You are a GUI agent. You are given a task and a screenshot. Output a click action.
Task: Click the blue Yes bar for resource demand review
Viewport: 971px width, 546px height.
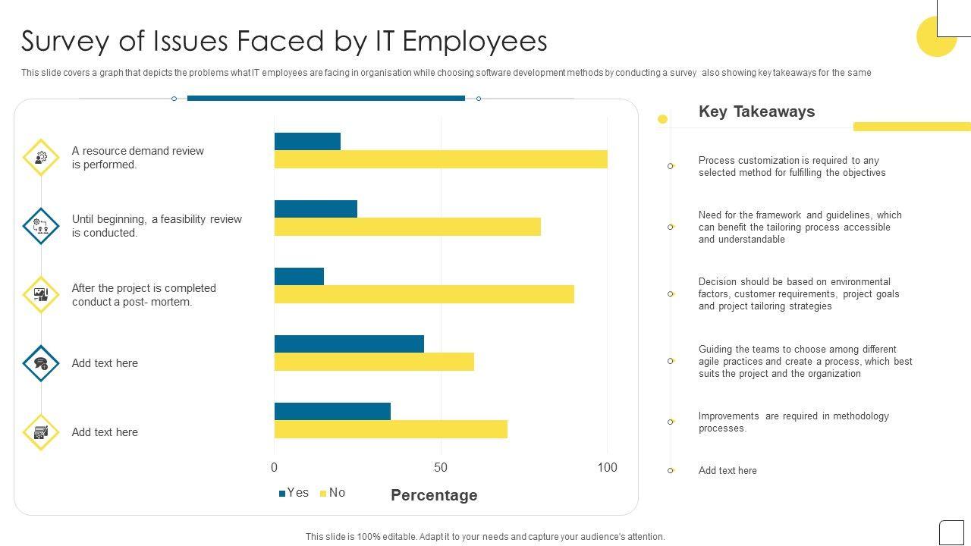(307, 141)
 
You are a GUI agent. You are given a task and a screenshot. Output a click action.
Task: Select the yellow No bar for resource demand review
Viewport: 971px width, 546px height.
(441, 159)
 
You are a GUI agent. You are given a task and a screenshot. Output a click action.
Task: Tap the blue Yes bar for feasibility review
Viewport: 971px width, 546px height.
(316, 209)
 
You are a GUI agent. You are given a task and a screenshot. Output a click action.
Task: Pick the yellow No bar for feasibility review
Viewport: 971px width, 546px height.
(407, 227)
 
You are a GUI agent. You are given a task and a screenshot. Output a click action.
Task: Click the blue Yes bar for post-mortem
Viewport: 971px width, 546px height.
(299, 276)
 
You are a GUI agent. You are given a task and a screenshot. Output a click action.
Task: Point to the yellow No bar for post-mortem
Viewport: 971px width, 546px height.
(424, 294)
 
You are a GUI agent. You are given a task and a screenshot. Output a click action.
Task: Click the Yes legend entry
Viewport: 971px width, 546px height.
(294, 493)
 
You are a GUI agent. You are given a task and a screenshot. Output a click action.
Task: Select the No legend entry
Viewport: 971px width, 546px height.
(333, 493)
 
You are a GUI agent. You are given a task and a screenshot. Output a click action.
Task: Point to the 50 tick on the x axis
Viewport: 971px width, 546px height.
(441, 468)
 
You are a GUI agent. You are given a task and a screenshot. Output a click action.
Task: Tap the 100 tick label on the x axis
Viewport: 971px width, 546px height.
(607, 468)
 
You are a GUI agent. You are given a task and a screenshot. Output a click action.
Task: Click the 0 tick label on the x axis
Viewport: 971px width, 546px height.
(275, 468)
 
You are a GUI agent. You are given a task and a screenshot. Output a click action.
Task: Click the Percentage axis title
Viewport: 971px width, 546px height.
(434, 495)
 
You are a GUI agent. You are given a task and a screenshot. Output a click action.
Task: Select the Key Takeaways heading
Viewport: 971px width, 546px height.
(756, 111)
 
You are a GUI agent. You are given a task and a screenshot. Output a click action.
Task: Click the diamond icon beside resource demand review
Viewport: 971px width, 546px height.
(41, 158)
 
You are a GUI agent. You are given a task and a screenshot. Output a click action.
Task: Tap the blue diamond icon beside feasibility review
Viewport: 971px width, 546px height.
(41, 226)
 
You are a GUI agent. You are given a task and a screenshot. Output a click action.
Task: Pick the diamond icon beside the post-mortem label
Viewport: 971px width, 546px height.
(41, 295)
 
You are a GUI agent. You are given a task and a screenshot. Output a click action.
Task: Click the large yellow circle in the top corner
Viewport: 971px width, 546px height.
(936, 37)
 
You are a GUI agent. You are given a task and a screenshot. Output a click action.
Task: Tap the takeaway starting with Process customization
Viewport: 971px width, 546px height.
(792, 167)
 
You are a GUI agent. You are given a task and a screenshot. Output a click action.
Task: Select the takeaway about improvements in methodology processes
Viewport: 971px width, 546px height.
(793, 422)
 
